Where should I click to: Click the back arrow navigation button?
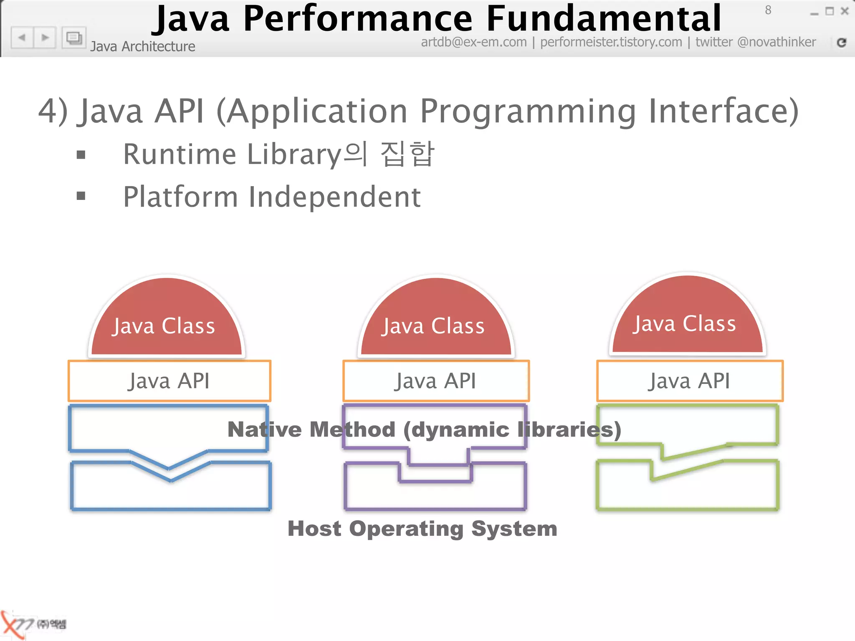tap(22, 38)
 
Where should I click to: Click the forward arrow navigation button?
tap(45, 38)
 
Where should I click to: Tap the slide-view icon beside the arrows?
tap(74, 38)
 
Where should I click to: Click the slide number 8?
tap(768, 10)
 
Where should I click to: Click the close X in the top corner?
tap(845, 11)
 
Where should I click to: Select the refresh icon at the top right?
tap(842, 42)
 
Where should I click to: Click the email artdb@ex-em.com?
tap(473, 42)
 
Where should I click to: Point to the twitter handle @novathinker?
tap(776, 42)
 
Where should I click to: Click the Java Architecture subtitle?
tap(143, 46)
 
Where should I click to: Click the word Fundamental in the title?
tap(604, 19)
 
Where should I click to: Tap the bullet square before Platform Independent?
tap(81, 196)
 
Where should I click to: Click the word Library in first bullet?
tap(294, 154)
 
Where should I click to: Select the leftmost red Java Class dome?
tap(167, 321)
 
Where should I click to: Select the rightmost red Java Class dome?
tap(687, 319)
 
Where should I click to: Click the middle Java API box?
tap(436, 381)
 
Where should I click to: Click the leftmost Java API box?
tap(169, 381)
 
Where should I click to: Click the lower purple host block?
tap(435, 495)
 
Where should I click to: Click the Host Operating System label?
tap(422, 529)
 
